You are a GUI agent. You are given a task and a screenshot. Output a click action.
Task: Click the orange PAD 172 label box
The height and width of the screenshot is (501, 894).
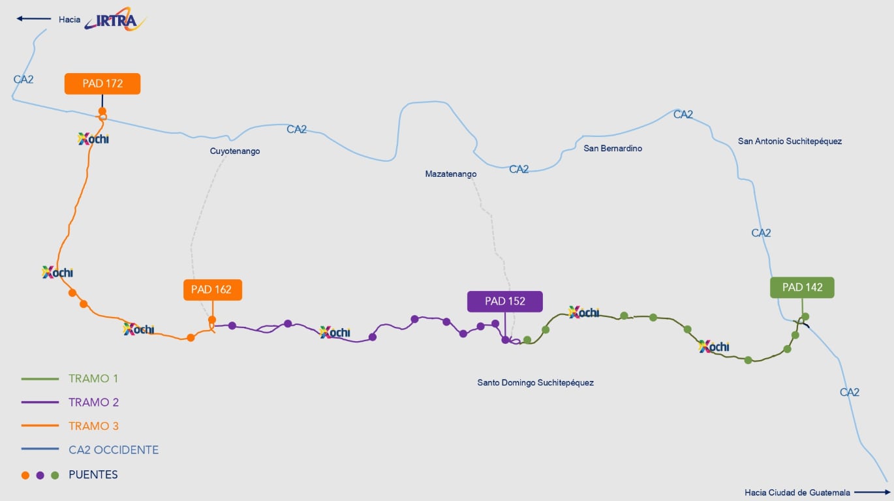[x=102, y=83]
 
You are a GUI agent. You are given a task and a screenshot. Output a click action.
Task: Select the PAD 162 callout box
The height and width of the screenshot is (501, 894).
[x=213, y=290]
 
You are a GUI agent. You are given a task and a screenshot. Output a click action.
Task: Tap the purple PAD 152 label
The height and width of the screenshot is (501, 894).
[x=505, y=301]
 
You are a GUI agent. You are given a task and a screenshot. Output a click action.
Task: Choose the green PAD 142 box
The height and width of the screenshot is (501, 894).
[x=802, y=288]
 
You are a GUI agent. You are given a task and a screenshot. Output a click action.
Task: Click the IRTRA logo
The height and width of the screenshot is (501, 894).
[x=115, y=19]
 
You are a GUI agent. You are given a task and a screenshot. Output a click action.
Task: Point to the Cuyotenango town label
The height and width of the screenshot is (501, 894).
[x=235, y=151]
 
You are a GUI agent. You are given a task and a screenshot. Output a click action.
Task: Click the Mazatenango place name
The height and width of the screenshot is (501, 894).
[x=451, y=174]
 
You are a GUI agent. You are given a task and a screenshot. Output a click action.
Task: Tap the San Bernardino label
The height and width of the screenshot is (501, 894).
[x=613, y=148]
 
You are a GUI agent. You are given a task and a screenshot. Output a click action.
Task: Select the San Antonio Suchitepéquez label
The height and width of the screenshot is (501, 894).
[x=790, y=141]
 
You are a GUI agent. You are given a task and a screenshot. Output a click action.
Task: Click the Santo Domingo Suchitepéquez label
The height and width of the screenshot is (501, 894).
[x=535, y=382]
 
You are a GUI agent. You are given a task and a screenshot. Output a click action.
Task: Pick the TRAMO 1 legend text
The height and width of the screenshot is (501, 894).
[x=93, y=378]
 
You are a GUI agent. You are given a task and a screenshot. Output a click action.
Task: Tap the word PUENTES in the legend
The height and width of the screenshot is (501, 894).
[x=93, y=475]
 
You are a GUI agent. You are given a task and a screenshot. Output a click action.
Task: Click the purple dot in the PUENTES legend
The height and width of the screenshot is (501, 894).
[x=40, y=475]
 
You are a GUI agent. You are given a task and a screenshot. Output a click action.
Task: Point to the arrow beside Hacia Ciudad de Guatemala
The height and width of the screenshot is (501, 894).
[x=872, y=493]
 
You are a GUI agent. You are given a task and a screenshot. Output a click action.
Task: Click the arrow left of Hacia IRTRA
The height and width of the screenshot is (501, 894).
[x=33, y=18]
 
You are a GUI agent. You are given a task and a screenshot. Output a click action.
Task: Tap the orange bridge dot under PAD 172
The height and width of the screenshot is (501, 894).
[x=102, y=111]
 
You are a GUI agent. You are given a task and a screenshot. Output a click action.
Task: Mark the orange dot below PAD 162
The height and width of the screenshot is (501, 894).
[x=212, y=320]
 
